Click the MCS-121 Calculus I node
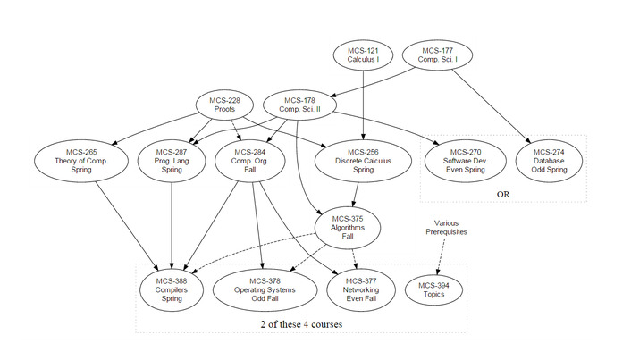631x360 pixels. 363,55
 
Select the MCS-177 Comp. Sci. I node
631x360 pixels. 441,55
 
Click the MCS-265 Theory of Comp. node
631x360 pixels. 76,161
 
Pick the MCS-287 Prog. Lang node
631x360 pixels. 170,161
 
